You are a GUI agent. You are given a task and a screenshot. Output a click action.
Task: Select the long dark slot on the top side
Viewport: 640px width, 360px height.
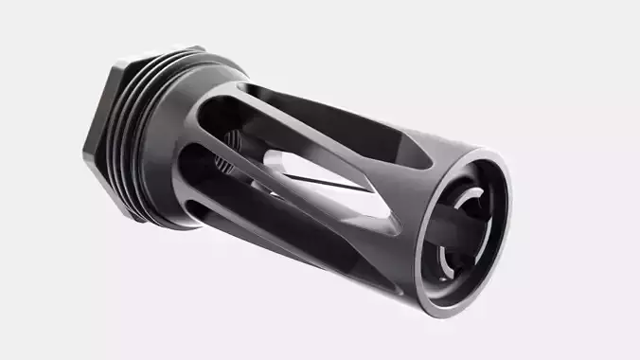tap(331, 118)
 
